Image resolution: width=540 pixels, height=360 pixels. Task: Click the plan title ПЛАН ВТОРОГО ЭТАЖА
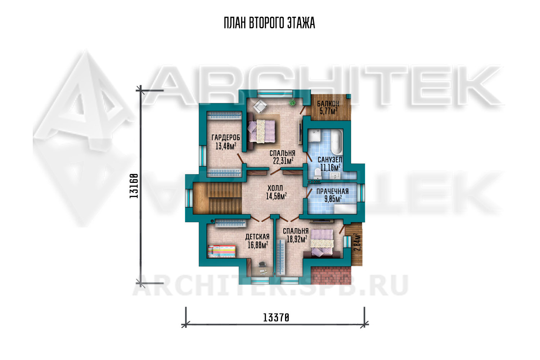(269, 23)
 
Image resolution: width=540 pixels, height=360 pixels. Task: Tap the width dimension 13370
(276, 318)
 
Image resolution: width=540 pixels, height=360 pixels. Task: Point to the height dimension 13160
(134, 186)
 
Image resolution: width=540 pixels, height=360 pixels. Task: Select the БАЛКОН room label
(328, 104)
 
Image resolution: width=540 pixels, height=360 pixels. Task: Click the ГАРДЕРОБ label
(226, 138)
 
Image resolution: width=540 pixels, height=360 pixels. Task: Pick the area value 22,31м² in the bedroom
(283, 161)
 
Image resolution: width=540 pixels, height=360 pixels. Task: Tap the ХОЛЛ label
(275, 188)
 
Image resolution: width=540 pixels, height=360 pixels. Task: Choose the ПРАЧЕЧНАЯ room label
(332, 191)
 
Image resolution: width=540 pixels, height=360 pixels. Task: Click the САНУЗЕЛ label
(330, 159)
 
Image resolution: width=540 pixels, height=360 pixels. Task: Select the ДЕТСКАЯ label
(257, 237)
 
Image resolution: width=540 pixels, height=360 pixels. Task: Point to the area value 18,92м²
(297, 239)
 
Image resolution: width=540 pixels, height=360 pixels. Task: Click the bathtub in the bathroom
(337, 142)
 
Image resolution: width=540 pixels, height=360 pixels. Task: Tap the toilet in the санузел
(318, 174)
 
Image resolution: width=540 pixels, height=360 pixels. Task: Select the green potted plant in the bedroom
(292, 103)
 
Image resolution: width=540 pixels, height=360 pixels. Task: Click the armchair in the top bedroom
(260, 106)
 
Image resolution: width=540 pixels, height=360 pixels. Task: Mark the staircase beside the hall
(217, 198)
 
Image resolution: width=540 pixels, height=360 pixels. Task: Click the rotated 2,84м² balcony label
(357, 242)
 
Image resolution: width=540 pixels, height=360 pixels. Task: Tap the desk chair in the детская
(262, 265)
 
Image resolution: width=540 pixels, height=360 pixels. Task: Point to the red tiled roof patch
(331, 275)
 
